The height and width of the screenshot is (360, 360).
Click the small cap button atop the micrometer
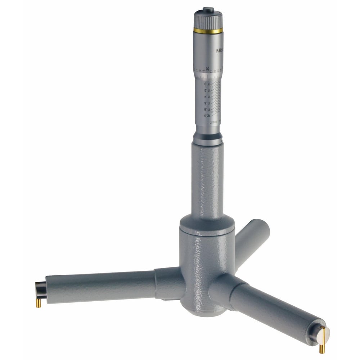[208, 9]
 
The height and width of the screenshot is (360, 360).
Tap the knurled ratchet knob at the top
[208, 20]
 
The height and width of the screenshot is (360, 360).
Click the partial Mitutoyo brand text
[220, 51]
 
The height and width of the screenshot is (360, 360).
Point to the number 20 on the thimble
[208, 68]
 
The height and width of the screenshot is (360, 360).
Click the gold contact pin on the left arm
[39, 303]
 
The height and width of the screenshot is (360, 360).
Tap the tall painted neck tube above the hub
[208, 180]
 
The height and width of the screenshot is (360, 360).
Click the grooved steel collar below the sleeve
[208, 138]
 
